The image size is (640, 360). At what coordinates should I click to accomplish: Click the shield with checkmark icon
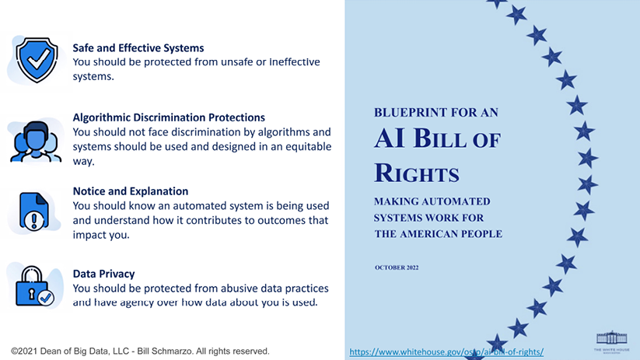(37, 60)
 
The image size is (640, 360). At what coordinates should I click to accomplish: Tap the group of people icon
(36, 142)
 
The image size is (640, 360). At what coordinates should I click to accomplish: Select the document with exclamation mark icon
(34, 211)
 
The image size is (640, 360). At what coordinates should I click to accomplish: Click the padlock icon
(34, 286)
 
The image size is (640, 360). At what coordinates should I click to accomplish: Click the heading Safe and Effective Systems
(138, 47)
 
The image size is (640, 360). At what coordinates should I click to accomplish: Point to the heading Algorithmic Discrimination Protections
(169, 117)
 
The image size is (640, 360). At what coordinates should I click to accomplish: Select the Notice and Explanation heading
(131, 191)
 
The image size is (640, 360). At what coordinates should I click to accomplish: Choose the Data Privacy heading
(103, 274)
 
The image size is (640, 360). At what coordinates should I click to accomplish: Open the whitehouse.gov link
(446, 351)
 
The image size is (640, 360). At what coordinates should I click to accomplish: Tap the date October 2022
(397, 267)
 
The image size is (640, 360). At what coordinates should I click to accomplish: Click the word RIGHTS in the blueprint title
(417, 173)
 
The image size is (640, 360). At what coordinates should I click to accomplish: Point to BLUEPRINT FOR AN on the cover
(436, 113)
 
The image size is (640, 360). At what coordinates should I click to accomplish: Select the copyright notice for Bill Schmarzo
(141, 351)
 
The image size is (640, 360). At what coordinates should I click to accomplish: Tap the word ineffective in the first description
(294, 62)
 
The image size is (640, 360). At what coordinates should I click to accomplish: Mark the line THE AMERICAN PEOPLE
(439, 234)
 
